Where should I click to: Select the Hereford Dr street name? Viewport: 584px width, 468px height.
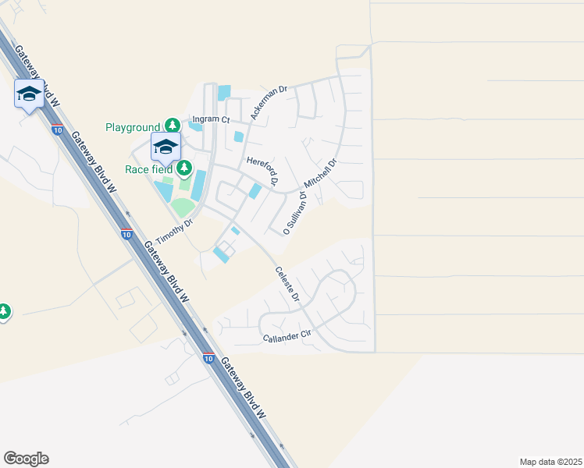click(x=262, y=170)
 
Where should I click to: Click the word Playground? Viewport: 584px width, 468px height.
click(x=132, y=127)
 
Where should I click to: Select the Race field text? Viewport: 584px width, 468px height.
click(x=149, y=168)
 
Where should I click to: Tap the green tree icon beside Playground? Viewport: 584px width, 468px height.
click(x=172, y=126)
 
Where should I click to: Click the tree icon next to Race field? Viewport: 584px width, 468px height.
click(x=183, y=168)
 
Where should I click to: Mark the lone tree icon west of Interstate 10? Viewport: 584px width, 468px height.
click(x=4, y=312)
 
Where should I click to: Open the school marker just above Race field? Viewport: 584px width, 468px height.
click(x=166, y=146)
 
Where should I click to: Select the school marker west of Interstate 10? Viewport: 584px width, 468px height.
click(x=29, y=94)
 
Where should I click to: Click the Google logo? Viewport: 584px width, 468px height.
click(x=26, y=459)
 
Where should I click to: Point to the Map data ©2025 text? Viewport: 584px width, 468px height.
click(x=550, y=462)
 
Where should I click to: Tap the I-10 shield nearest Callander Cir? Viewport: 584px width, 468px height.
click(x=208, y=358)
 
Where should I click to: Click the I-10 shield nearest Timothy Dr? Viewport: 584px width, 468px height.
click(x=126, y=233)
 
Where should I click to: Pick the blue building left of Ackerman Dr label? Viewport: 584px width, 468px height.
click(x=224, y=93)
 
